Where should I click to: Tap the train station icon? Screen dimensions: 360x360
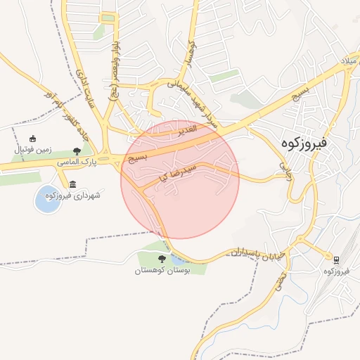(x=337, y=259)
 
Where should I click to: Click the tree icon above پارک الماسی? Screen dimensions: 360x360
(x=77, y=151)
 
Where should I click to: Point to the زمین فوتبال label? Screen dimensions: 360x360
(x=32, y=150)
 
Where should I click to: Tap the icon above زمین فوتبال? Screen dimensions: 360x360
(x=32, y=139)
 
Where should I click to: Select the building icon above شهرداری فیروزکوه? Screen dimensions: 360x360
(x=73, y=184)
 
